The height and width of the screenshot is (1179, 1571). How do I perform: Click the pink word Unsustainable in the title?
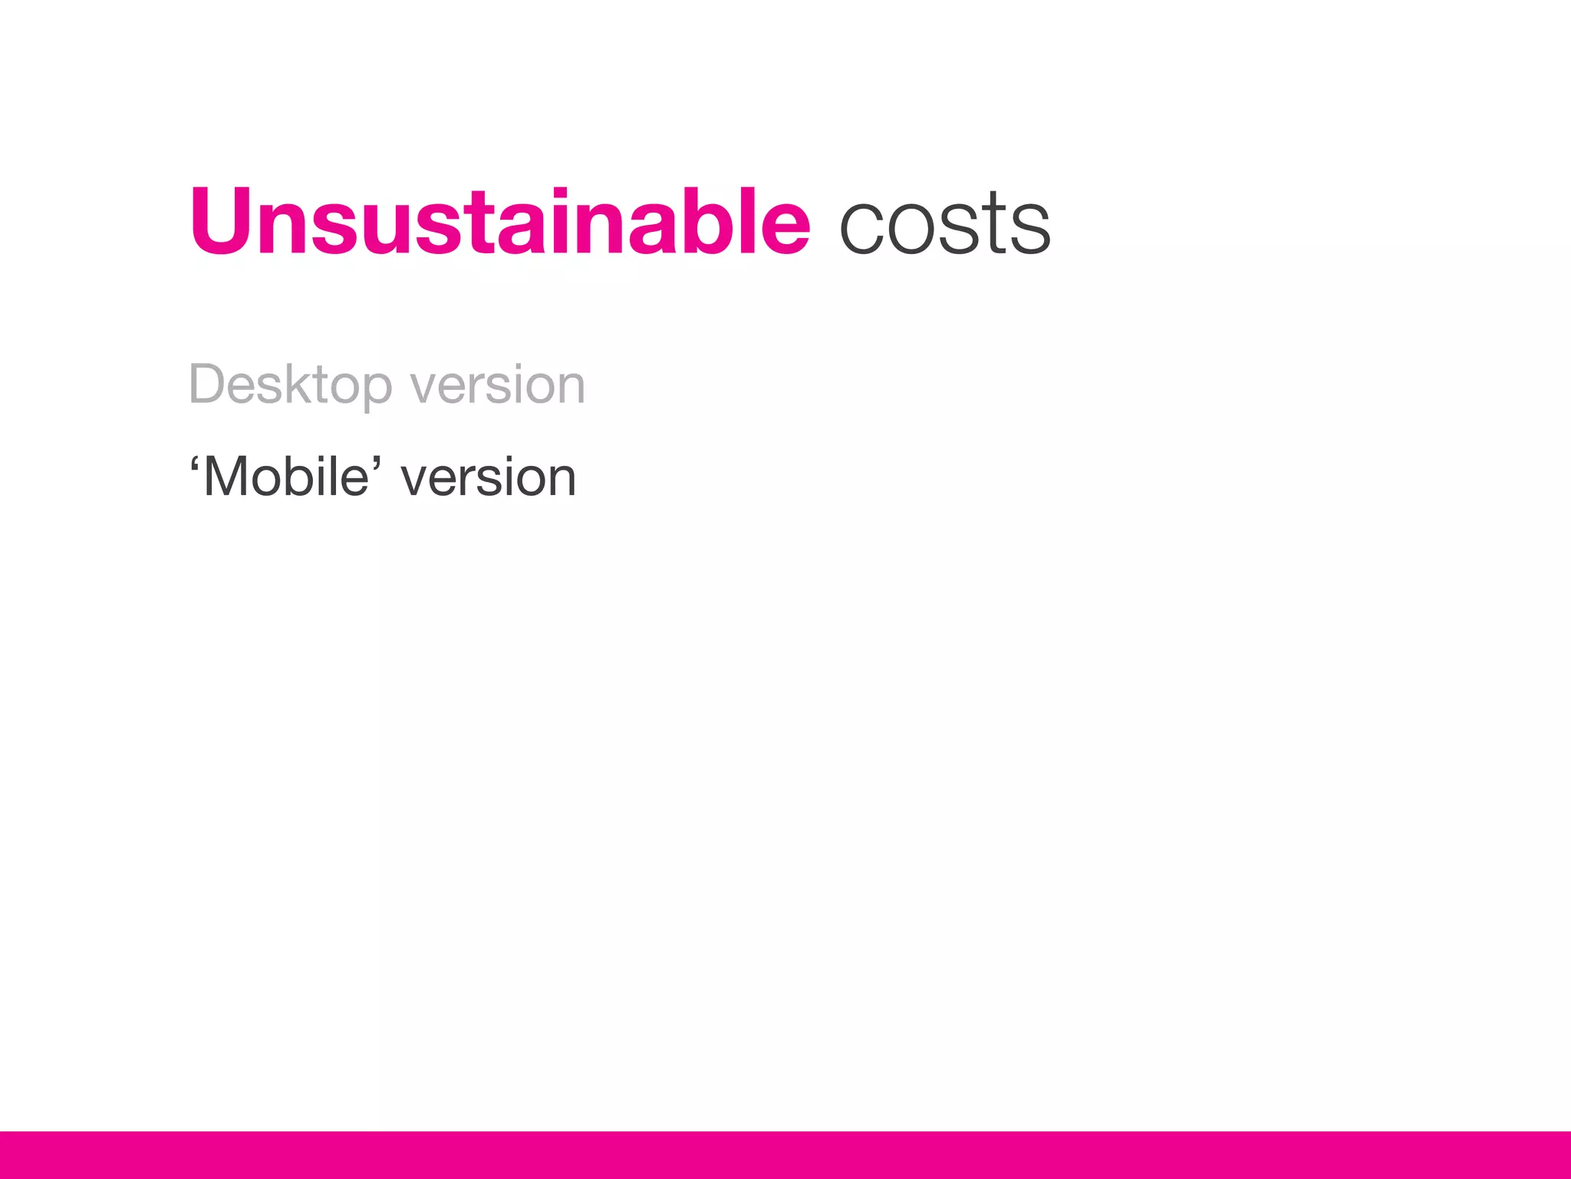(x=499, y=222)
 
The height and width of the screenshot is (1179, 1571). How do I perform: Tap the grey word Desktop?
(x=290, y=385)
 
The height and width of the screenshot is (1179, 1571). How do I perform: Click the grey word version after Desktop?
(x=497, y=386)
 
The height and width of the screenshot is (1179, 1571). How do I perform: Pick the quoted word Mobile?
(x=285, y=477)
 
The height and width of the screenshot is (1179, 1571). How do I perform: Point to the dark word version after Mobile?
(x=488, y=478)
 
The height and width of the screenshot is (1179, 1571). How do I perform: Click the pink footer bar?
(x=785, y=1154)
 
